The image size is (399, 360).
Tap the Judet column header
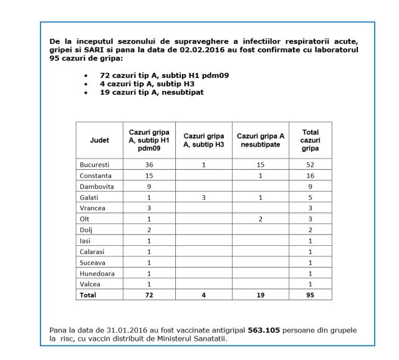coord(99,140)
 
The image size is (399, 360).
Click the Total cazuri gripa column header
coord(310,140)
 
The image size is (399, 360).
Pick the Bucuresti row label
coord(95,164)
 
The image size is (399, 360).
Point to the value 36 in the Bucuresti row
coord(149,164)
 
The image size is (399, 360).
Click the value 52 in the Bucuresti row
coord(310,164)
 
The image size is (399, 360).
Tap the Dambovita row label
coord(96,186)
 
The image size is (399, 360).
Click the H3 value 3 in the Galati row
coord(203,197)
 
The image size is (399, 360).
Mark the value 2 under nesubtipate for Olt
coord(261,219)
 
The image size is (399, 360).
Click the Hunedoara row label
coord(97,273)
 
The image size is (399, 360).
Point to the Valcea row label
coord(90,284)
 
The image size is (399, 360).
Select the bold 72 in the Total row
coord(149,295)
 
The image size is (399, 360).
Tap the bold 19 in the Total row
coord(261,295)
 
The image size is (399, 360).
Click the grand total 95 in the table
coord(310,295)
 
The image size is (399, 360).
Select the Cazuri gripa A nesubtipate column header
coord(261,140)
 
